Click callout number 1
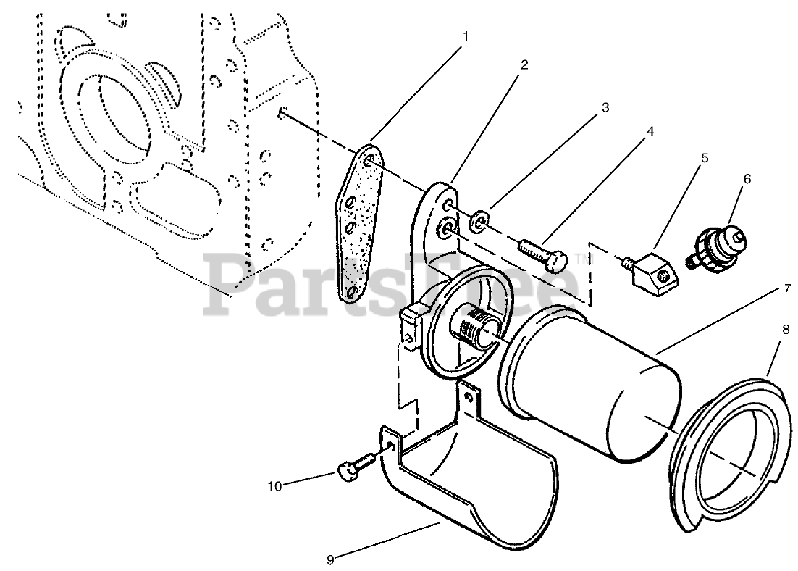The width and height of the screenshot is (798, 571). coord(466,36)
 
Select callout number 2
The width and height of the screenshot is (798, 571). coord(524,64)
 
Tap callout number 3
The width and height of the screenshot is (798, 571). coord(605,107)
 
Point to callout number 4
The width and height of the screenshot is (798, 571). coord(650,131)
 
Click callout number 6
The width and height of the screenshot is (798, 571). coord(747,178)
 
